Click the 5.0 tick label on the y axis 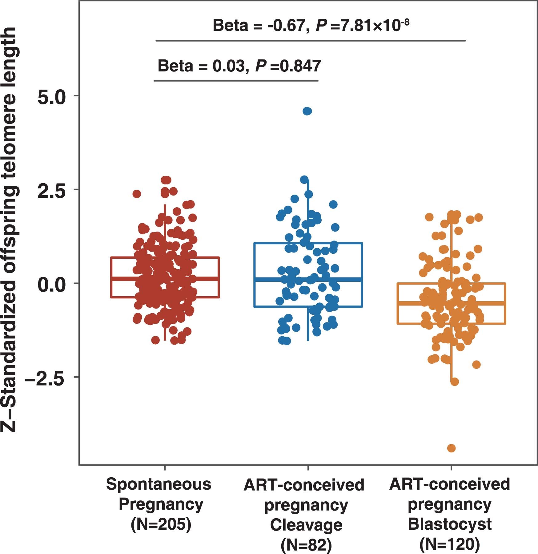(x=51, y=97)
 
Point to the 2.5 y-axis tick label (x=51, y=191)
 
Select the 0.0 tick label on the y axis (x=51, y=285)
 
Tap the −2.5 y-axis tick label (x=46, y=379)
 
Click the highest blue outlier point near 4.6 (x=307, y=111)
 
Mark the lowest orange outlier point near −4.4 (x=451, y=448)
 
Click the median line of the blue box (x=345, y=279)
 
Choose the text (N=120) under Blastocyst (x=449, y=544)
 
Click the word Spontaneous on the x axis (x=159, y=484)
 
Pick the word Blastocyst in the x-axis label (x=449, y=524)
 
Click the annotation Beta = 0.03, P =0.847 (x=239, y=66)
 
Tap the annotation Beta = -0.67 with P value (x=311, y=25)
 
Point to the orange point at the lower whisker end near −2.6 (x=454, y=382)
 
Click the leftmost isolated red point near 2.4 (x=137, y=194)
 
